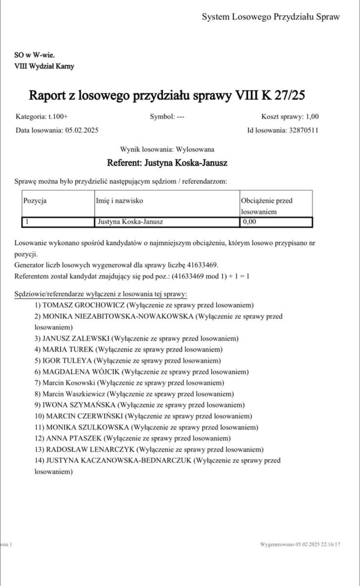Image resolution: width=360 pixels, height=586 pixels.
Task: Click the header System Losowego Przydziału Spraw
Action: (x=271, y=17)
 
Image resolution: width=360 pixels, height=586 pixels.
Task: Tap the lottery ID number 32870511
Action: (x=303, y=130)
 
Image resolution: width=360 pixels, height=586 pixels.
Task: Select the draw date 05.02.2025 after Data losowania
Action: (x=82, y=130)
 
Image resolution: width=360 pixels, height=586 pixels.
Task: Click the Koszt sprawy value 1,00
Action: (x=312, y=117)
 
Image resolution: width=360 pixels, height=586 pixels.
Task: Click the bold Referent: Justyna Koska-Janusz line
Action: (x=167, y=163)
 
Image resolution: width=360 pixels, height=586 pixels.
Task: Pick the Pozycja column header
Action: (x=35, y=201)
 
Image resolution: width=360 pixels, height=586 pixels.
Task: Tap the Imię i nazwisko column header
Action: (x=119, y=201)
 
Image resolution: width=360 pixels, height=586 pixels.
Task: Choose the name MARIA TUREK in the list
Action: (x=68, y=350)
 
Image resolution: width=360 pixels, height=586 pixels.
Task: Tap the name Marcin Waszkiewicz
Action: (x=74, y=394)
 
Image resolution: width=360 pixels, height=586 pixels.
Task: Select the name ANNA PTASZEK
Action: (x=74, y=438)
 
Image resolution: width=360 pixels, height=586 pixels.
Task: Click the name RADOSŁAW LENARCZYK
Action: (x=90, y=449)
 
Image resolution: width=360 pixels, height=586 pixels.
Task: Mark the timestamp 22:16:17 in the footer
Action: (x=331, y=544)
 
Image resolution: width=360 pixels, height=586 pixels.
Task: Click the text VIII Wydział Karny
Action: (x=44, y=66)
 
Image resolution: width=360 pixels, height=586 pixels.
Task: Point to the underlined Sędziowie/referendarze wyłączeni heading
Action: (x=101, y=294)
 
